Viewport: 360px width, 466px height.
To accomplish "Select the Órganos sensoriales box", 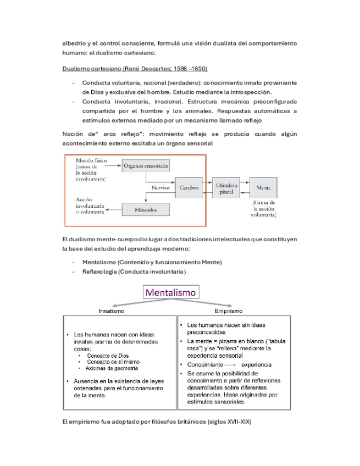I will [146, 165].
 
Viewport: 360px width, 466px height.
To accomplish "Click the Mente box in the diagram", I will [263, 187].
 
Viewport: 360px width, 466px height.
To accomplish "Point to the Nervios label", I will [160, 187].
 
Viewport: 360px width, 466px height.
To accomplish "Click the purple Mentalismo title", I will [170, 292].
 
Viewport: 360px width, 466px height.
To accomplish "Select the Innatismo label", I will [112, 310].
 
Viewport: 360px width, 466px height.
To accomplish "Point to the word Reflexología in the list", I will [99, 272].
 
